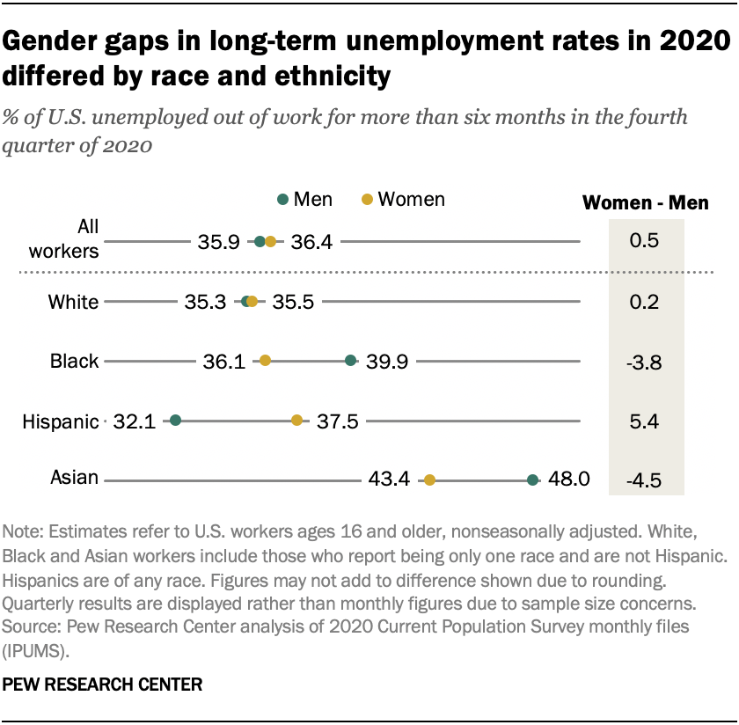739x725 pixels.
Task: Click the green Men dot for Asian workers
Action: pos(532,480)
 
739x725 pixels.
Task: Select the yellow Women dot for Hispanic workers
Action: pos(296,421)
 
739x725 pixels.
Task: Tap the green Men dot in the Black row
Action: pos(350,360)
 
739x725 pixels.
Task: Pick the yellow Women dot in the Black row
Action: pos(265,360)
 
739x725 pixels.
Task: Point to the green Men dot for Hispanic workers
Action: pos(175,421)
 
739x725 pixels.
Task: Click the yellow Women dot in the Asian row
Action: pos(429,480)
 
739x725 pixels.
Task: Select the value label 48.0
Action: pos(567,480)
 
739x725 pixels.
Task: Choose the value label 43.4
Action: pos(389,480)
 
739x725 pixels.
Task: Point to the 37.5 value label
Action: pos(337,421)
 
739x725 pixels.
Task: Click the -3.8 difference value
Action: pos(646,361)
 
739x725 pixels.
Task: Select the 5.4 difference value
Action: pos(646,421)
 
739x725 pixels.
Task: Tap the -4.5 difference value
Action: pos(646,480)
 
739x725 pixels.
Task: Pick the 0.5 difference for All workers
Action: pos(646,241)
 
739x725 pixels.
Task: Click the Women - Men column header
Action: pos(646,203)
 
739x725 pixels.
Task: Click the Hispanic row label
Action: pos(60,421)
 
